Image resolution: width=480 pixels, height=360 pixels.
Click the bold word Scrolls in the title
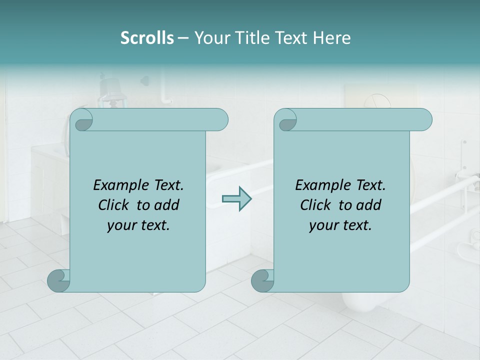[x=147, y=38]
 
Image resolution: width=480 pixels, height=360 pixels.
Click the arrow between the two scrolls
[x=236, y=198]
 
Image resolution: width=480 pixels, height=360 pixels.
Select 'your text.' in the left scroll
[x=138, y=225]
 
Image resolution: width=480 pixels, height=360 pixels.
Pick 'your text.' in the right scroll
[x=340, y=225]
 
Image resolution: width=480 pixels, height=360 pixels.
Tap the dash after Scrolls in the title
[x=183, y=38]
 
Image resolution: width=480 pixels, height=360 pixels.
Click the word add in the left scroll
[x=167, y=205]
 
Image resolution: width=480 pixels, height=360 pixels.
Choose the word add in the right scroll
[x=369, y=205]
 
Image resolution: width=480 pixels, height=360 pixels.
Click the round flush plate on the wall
[x=376, y=101]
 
